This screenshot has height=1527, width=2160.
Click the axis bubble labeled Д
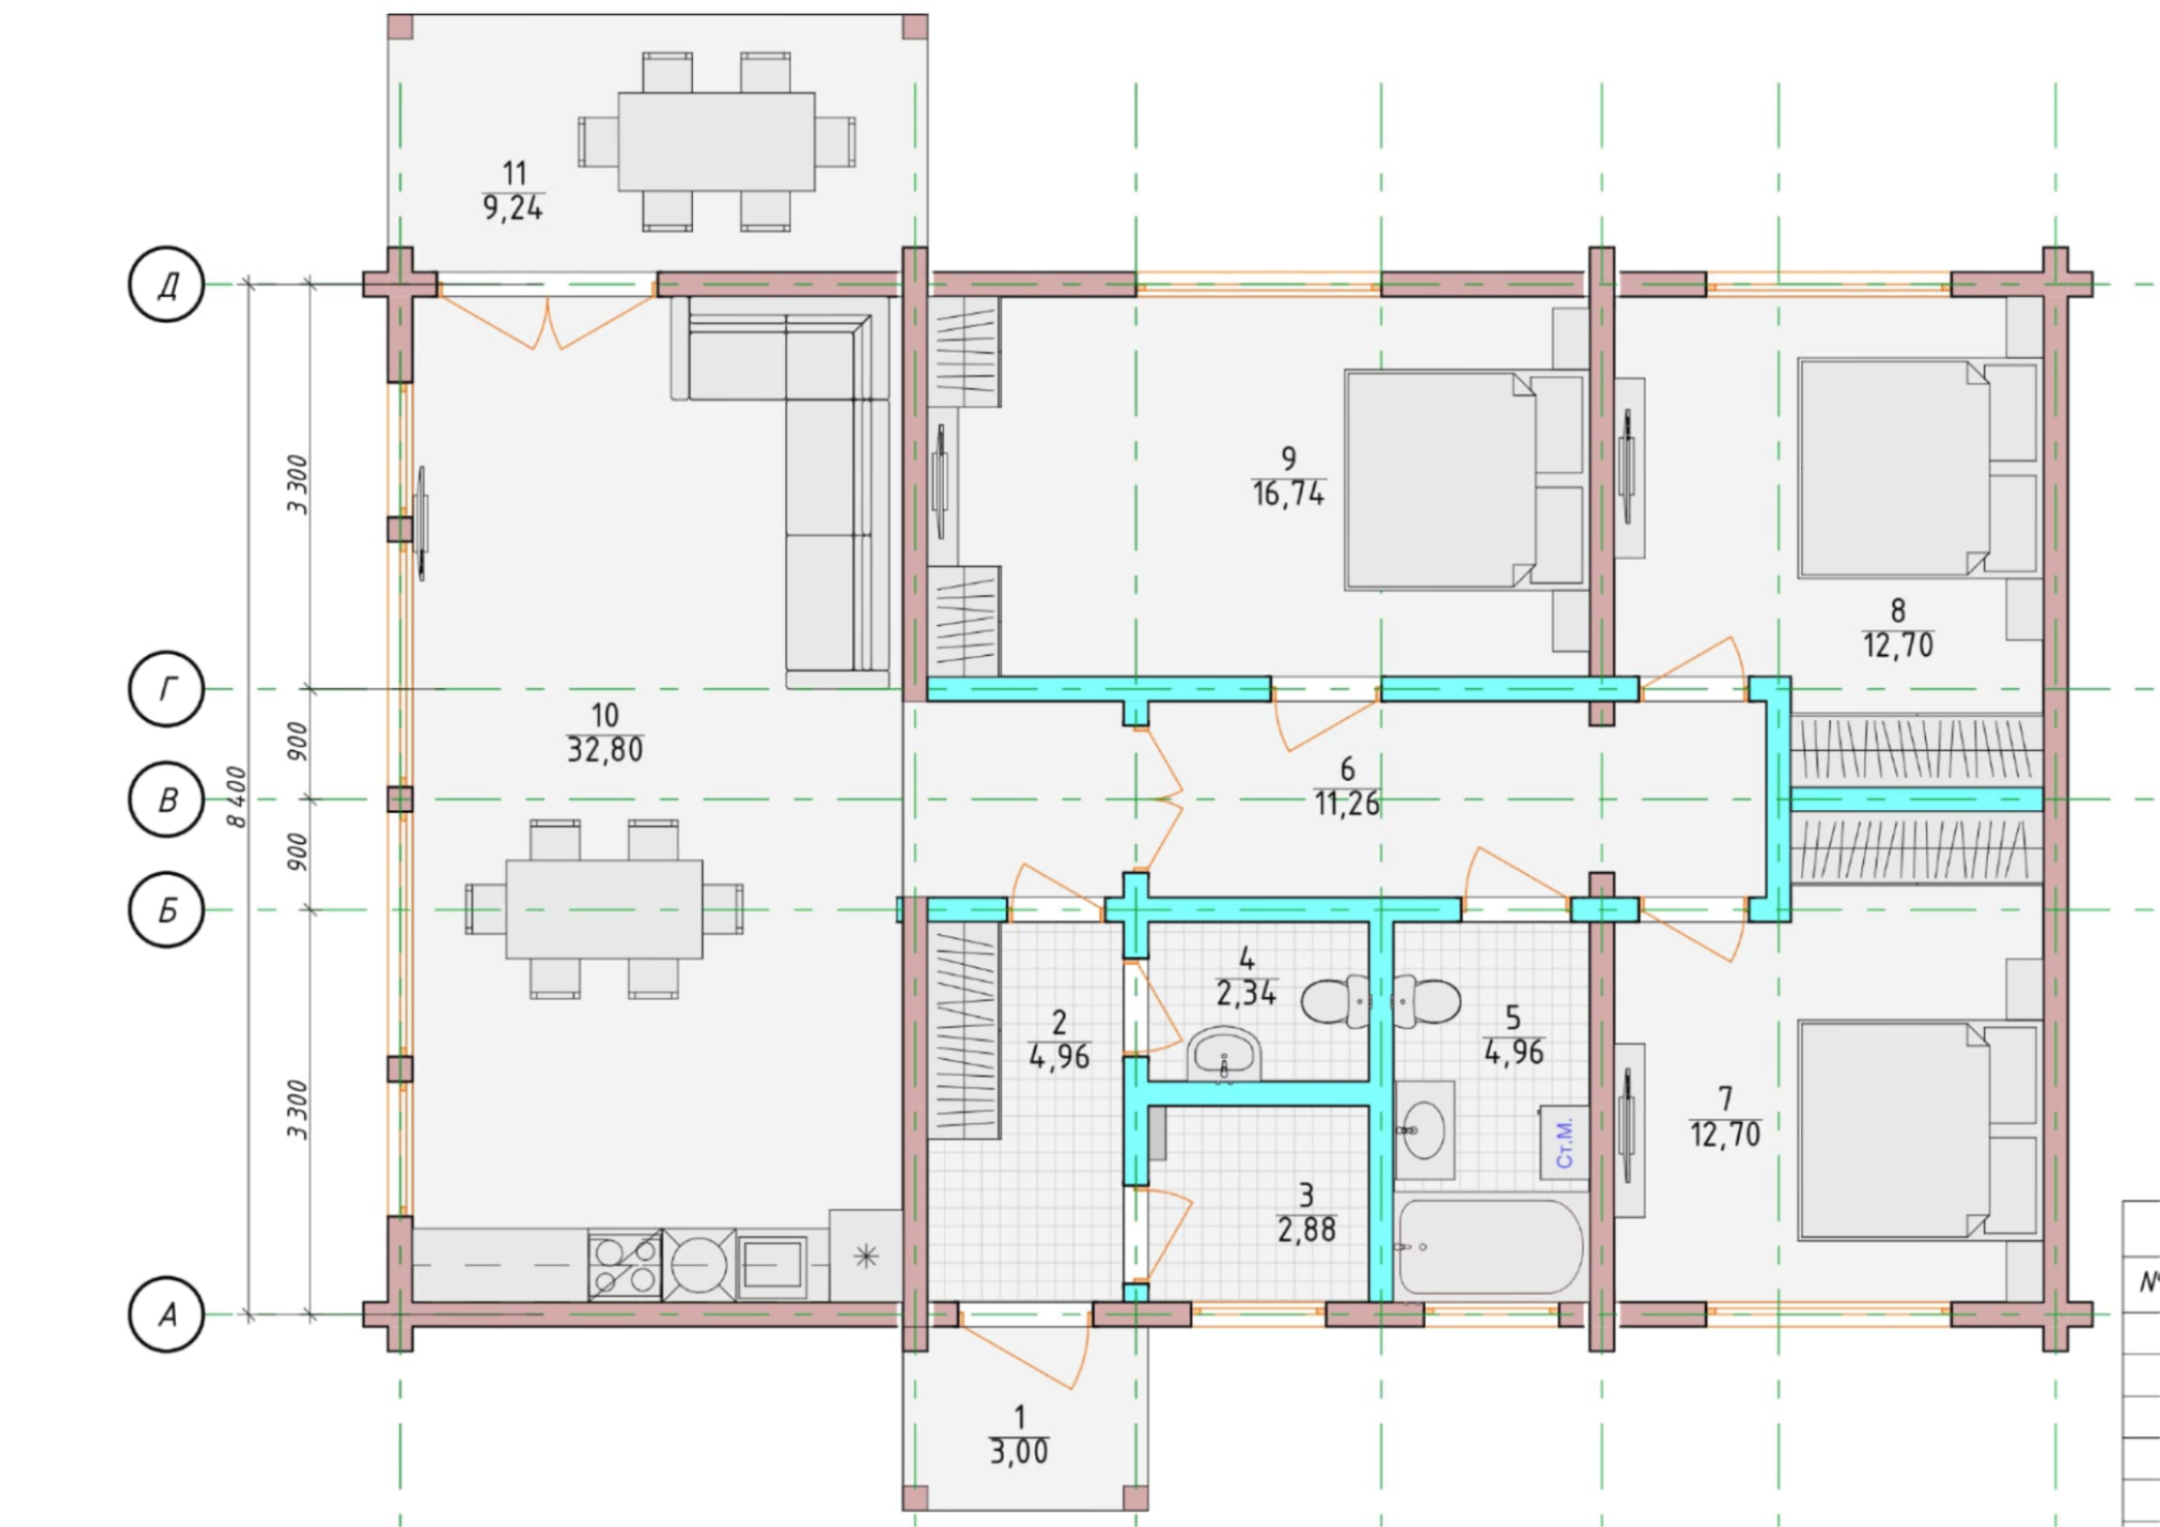click(167, 284)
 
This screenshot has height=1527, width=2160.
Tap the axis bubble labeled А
click(167, 1314)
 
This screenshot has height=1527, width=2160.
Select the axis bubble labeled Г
click(167, 690)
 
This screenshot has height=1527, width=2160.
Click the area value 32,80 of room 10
click(605, 750)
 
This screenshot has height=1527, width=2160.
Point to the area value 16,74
click(1288, 493)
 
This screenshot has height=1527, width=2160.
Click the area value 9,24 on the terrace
click(512, 208)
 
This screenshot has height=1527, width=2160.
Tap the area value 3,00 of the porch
click(1018, 1452)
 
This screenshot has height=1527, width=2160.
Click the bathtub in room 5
click(1491, 1248)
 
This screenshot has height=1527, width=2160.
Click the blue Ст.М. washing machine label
click(1564, 1143)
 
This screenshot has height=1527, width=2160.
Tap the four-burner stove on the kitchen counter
click(624, 1265)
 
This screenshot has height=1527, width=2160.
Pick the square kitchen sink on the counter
click(771, 1265)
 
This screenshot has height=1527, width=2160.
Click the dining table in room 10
click(604, 909)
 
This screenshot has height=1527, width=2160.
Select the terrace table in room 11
click(717, 142)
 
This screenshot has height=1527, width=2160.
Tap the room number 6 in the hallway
click(1347, 769)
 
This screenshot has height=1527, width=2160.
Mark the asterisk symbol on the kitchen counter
click(866, 1255)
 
